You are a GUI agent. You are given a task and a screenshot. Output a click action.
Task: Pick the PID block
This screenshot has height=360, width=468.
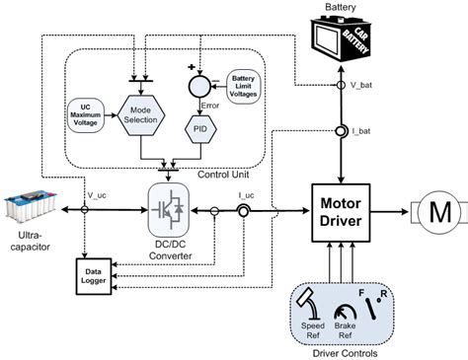203,129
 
